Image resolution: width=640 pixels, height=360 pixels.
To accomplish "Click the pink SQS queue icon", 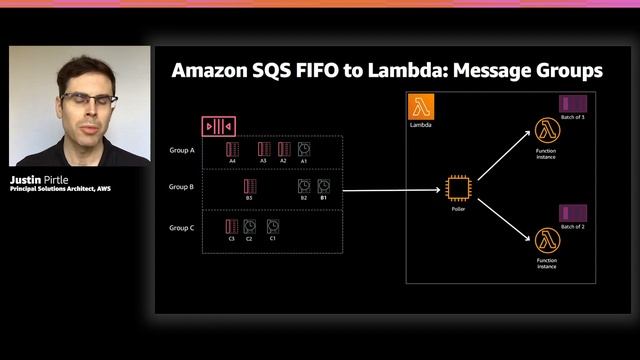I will point(218,126).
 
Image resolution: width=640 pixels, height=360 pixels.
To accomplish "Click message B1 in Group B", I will point(323,186).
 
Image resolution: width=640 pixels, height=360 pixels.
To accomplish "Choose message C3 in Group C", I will point(232,226).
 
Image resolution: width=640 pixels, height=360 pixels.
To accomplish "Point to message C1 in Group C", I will point(272,226).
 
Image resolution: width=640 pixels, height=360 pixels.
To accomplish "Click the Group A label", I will point(182,151).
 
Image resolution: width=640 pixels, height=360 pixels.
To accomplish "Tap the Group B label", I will point(182,187).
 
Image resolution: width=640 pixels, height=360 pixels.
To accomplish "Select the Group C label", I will point(182,227).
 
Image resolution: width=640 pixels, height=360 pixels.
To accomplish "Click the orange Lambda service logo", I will point(419,108).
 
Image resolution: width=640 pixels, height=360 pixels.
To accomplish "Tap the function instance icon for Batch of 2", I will point(546,240).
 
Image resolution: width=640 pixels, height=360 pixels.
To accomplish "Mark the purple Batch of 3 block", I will point(572,103).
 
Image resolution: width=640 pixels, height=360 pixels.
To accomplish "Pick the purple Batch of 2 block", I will point(572,212).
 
